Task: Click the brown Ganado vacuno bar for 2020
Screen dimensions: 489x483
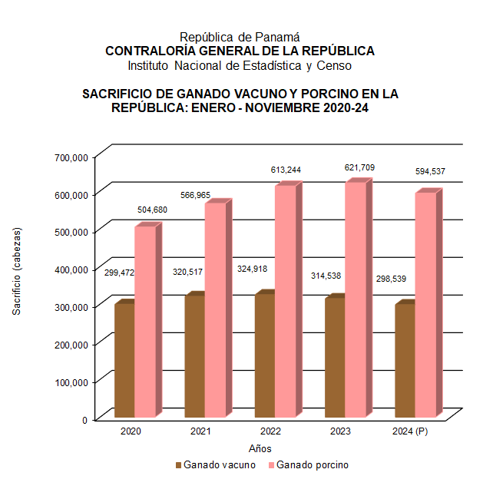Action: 124,361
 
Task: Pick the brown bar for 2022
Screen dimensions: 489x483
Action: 265,356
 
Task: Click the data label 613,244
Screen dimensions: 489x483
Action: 286,169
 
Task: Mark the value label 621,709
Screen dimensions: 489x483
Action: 356,167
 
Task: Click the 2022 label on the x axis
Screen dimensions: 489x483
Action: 270,432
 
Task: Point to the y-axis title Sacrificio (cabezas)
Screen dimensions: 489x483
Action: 17,270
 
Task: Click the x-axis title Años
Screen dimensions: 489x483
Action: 260,448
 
